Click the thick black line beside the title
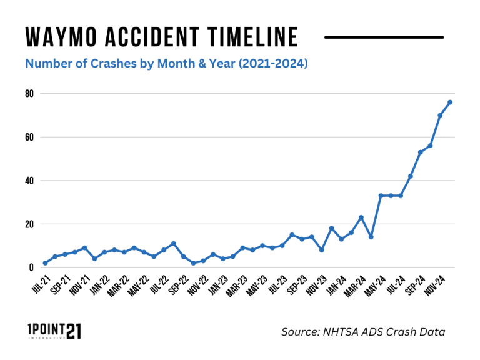[384, 37]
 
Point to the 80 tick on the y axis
[29, 93]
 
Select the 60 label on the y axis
[29, 137]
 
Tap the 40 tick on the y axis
[29, 181]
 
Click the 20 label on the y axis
[29, 224]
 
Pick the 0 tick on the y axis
[31, 267]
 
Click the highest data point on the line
[450, 102]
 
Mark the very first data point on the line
[45, 263]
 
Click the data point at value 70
[440, 115]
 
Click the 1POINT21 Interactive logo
[54, 331]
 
